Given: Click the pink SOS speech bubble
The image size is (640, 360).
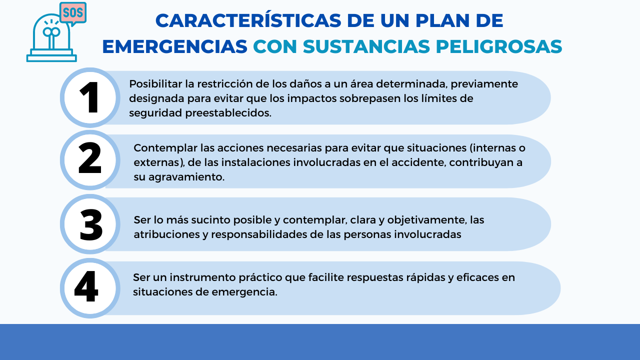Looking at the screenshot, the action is point(73,13).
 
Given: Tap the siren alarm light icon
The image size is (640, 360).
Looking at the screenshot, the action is point(51,37).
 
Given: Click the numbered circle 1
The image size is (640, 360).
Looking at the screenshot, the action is point(90,97).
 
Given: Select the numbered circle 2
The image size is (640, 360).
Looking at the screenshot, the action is point(90,160).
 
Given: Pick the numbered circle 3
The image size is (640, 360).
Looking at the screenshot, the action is point(90,224).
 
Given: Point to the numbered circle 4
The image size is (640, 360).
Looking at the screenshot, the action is point(90,288).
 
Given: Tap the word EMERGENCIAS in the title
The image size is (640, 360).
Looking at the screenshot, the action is point(174,46).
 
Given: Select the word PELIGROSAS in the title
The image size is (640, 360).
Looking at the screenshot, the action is point(499,46).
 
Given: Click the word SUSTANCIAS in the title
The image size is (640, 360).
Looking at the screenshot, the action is point(366,46).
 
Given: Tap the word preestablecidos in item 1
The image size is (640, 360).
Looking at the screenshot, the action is point(228,113).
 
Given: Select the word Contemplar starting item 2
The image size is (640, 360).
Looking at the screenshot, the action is point(165,148).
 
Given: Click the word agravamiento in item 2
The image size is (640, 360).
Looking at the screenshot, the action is point(186,177).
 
